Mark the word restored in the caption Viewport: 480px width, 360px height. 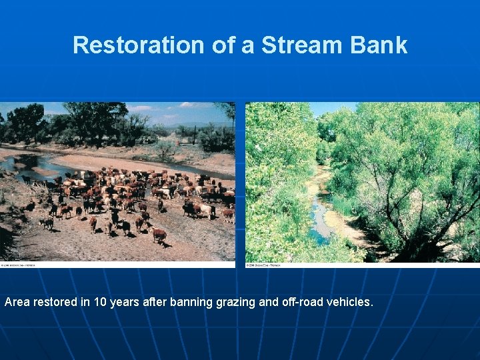click(x=57, y=302)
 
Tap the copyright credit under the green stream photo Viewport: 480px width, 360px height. click(x=263, y=265)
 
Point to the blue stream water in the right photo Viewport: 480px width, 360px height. click(x=319, y=220)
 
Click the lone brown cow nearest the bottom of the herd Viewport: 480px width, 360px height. click(x=159, y=234)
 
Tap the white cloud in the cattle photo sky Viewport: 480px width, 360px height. click(x=140, y=107)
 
